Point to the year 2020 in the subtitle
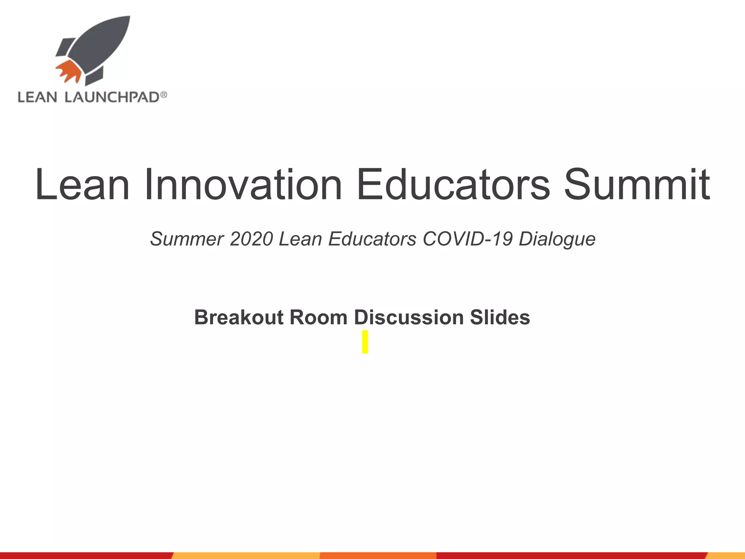coord(251,239)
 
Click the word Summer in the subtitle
coord(187,239)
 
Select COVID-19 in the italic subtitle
coord(468,239)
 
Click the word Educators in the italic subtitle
coord(372,239)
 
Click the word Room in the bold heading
coord(318,317)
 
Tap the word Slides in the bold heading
coord(500,317)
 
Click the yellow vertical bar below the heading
coord(365,342)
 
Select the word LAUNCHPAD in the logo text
coord(112,98)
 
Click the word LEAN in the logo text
coord(37,98)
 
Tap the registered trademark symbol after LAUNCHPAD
coord(164,95)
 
